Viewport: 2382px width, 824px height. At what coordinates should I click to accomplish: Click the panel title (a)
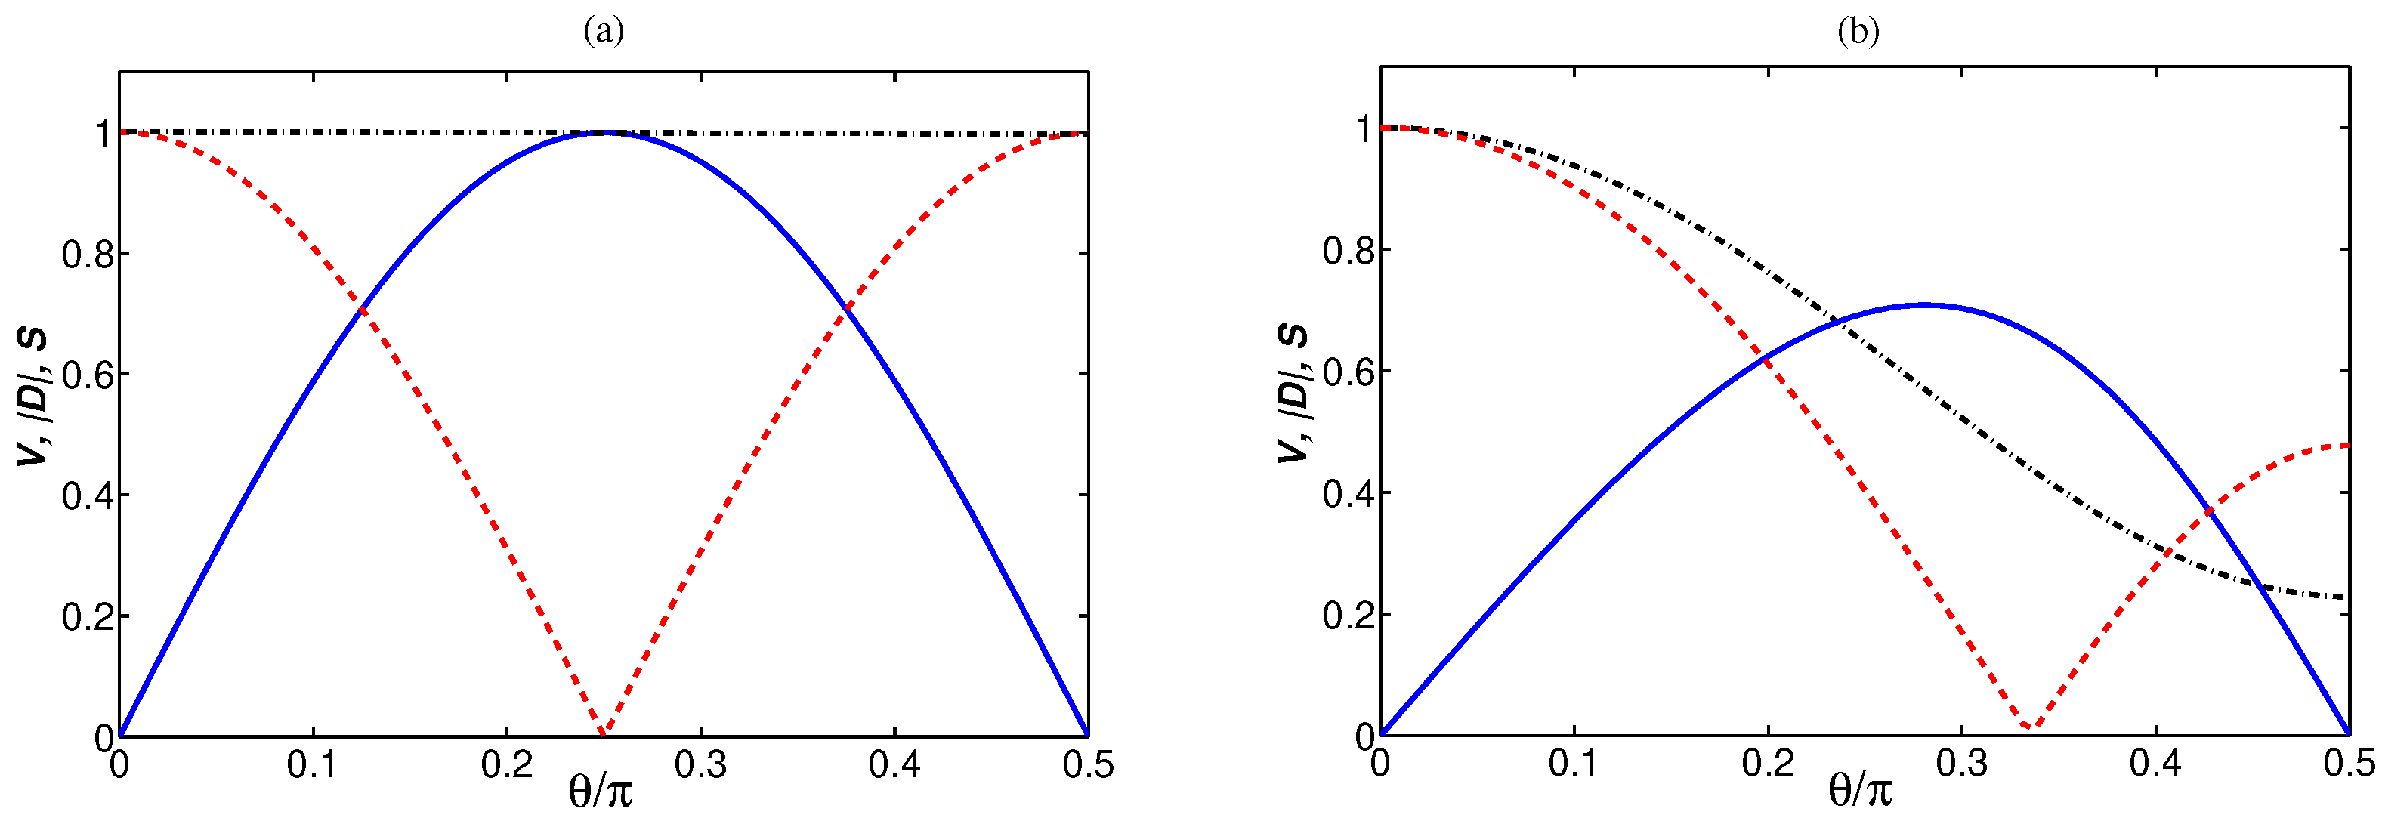pos(603,32)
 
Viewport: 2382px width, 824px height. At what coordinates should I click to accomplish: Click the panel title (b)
pos(1858,32)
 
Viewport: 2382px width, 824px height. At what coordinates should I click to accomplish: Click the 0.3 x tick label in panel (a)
pos(700,766)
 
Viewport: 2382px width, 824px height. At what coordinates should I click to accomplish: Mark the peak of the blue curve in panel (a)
pos(604,132)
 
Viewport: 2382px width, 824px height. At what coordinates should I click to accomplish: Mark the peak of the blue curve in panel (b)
pos(1923,304)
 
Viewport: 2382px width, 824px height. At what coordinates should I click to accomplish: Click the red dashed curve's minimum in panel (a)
pos(603,734)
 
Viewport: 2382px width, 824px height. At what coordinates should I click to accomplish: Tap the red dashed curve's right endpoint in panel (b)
pos(2346,446)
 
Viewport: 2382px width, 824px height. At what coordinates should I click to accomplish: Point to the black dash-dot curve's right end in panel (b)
pos(2346,597)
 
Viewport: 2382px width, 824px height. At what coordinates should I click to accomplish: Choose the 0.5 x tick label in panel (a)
pos(1087,766)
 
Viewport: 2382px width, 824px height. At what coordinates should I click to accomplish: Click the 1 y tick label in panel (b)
pos(1364,129)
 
